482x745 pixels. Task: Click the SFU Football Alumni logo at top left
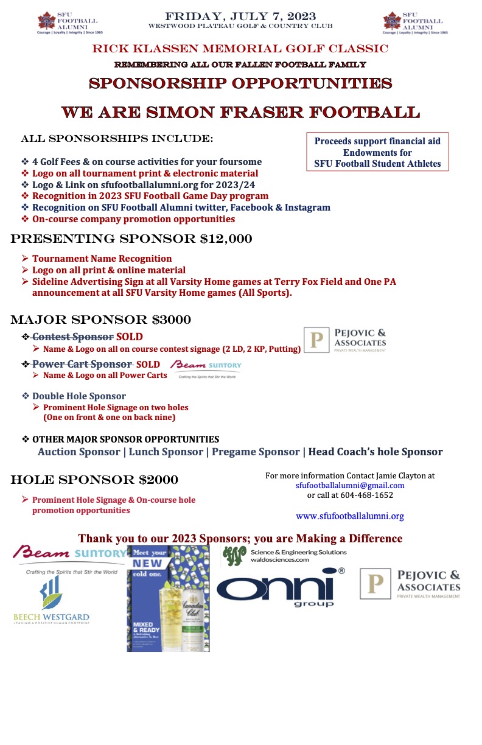tap(68, 23)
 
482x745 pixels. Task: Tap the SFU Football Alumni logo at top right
tap(414, 23)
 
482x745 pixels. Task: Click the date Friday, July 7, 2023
tap(241, 15)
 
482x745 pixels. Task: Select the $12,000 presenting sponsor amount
tap(226, 239)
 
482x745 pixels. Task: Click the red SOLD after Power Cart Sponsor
tap(148, 364)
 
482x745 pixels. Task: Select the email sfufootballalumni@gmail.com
tap(350, 485)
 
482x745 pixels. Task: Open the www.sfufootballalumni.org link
tap(350, 516)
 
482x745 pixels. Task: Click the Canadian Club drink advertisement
tap(168, 600)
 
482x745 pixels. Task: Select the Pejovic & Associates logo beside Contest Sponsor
tap(345, 340)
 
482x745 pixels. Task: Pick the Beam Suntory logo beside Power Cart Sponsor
tap(206, 368)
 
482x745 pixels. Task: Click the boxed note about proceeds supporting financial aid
tap(377, 152)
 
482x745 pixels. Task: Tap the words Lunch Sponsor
tap(166, 452)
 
